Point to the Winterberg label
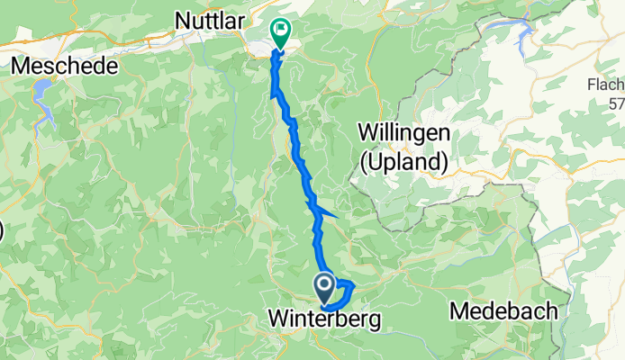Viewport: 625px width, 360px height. coord(323,319)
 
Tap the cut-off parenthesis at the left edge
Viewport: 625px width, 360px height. coord(1,230)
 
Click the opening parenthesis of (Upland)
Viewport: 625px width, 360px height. coord(365,163)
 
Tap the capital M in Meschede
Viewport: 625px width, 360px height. coord(19,67)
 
